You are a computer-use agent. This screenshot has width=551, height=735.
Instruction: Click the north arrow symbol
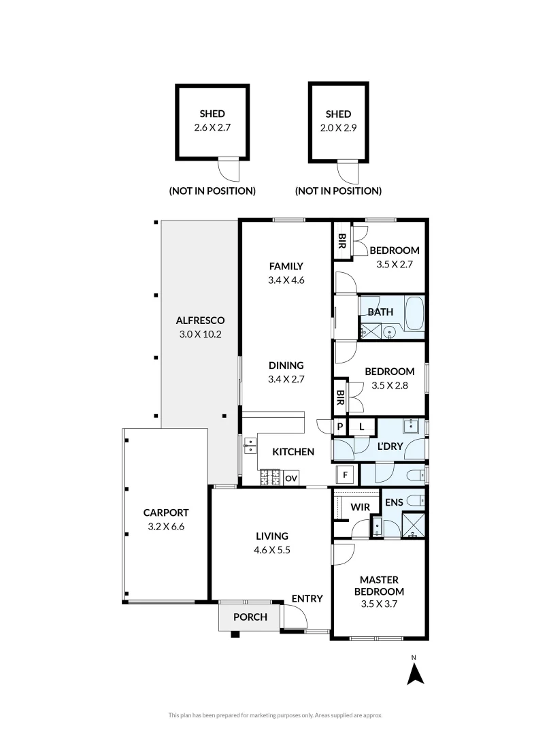coord(415,673)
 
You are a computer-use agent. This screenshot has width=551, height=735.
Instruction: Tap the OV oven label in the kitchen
coord(291,478)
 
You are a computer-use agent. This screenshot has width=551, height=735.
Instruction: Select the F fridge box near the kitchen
coord(345,474)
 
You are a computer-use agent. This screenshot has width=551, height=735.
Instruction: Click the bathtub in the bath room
coord(414,314)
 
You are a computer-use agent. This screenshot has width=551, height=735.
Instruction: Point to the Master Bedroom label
coord(382,585)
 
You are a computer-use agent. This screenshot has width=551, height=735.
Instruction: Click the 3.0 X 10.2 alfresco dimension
coord(200,334)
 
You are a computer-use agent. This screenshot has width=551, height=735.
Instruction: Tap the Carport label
coord(165,512)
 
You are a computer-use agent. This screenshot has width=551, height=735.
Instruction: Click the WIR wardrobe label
coord(360,506)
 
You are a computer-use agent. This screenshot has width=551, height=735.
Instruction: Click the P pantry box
coord(339,427)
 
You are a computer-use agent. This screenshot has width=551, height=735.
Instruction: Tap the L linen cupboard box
coord(362,427)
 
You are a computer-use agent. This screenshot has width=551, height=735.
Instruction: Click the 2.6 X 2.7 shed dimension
coord(212,127)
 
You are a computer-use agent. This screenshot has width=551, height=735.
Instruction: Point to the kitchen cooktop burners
coord(269,477)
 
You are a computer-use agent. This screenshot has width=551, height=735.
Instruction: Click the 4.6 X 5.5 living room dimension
coord(273,551)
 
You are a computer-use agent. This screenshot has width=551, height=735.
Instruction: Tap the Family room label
coord(286,266)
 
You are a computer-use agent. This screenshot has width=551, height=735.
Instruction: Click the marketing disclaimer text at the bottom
coord(275,715)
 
